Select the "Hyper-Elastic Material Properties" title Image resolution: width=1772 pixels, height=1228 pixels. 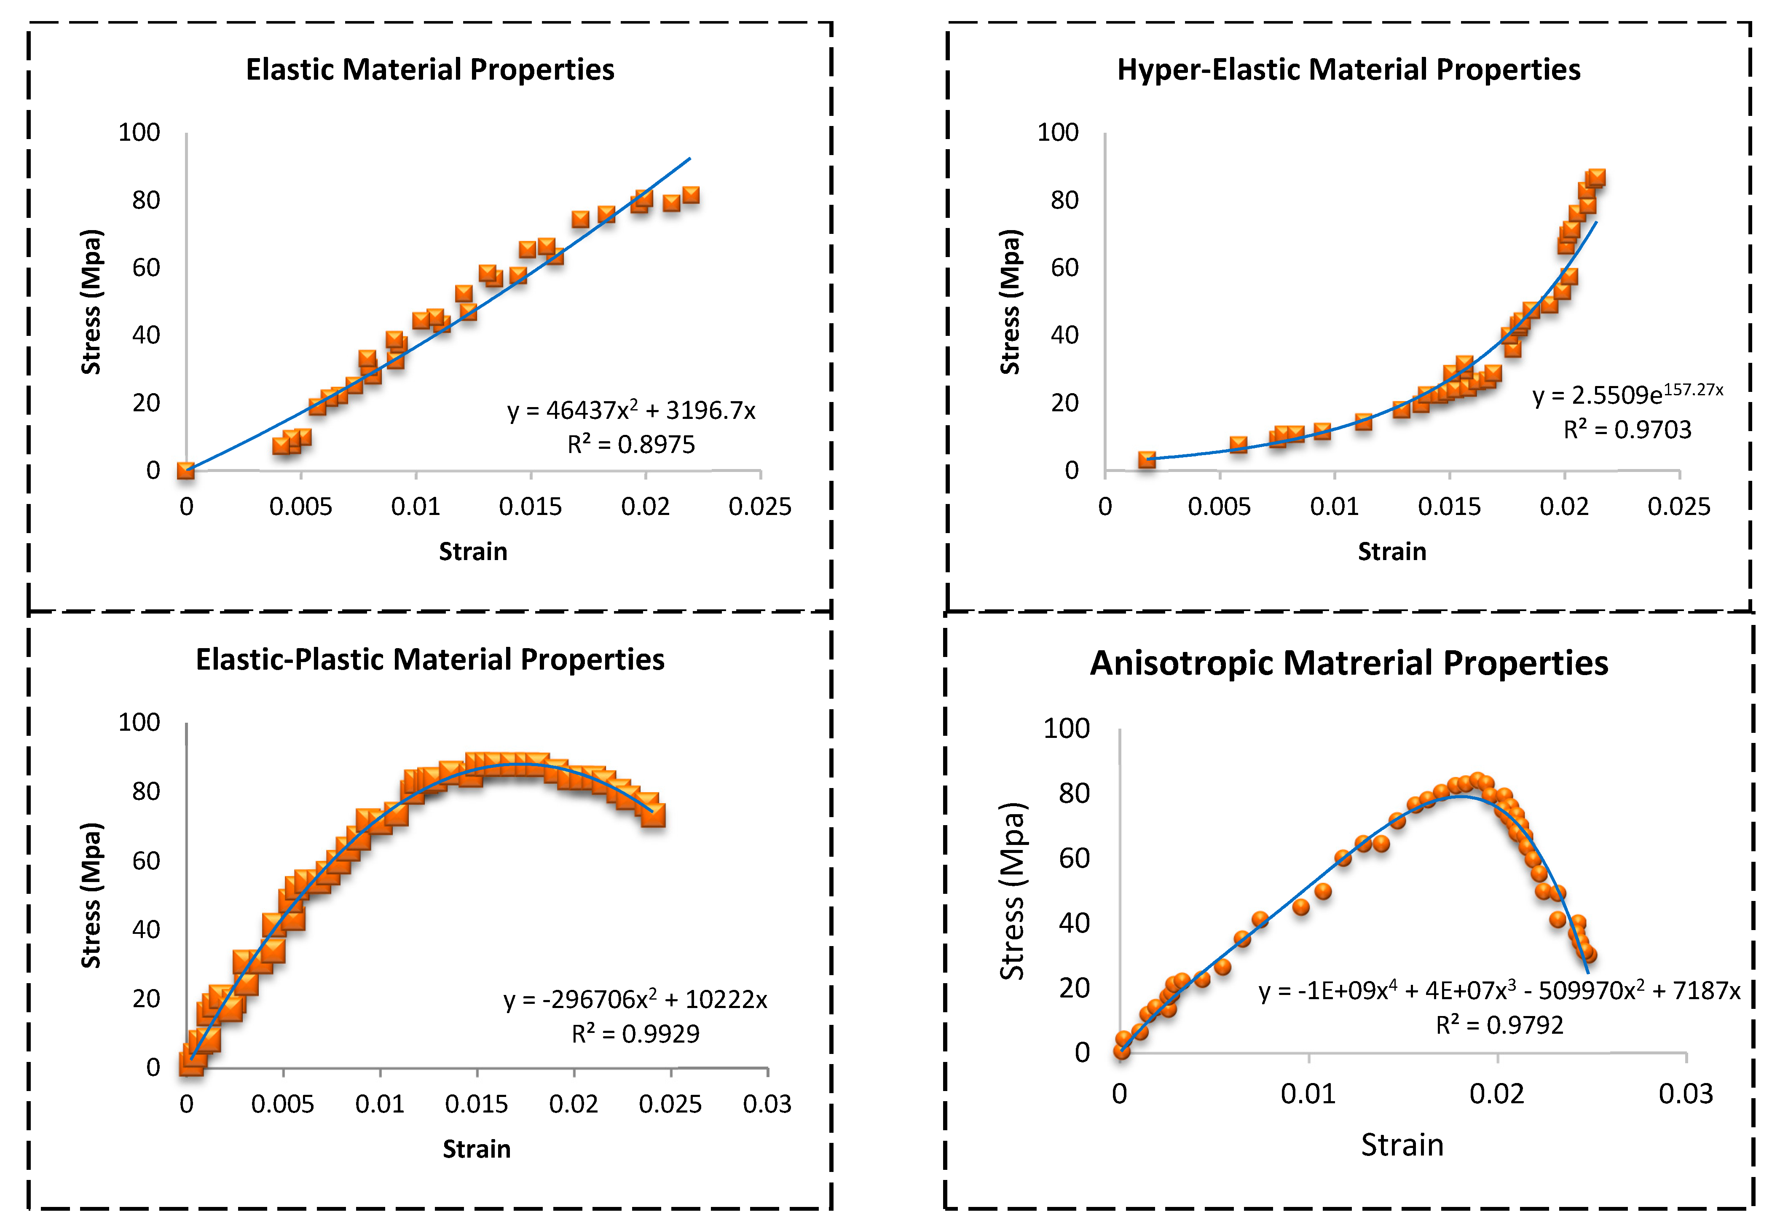(x=1348, y=69)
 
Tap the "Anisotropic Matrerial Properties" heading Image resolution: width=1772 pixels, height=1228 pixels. (x=1348, y=663)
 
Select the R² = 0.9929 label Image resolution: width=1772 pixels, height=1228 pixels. (x=635, y=1033)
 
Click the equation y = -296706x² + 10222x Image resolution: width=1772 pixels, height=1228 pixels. (x=635, y=1000)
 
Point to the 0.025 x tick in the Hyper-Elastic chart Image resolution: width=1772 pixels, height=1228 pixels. (x=1679, y=507)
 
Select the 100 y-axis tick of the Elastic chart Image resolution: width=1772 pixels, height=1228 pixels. (x=139, y=132)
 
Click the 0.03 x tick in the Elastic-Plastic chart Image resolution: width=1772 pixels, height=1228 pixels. (x=767, y=1104)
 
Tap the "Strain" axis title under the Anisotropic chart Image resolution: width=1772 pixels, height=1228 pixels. (x=1402, y=1145)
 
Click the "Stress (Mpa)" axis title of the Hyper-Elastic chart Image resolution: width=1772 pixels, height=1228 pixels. (x=1010, y=302)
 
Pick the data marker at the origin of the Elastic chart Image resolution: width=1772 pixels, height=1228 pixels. (x=185, y=470)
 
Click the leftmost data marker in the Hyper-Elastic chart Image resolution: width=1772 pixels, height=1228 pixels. (x=1147, y=459)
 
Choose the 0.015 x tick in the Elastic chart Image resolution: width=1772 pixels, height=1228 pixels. (x=530, y=507)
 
